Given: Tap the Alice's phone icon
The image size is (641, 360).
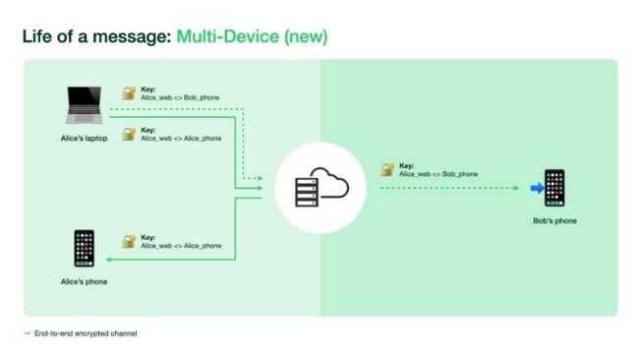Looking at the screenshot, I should [84, 249].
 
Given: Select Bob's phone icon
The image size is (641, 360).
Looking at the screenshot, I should [554, 188].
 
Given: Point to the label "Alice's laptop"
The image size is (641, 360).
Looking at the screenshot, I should [84, 139].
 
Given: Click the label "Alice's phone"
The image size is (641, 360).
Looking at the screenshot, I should [84, 282].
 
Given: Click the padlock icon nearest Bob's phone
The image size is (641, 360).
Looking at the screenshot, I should [387, 169].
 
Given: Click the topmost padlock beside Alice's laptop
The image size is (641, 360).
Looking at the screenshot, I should [128, 93].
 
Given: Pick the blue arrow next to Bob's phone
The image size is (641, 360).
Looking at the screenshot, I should [536, 187].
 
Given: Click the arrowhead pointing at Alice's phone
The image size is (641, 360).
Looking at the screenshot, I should [108, 259].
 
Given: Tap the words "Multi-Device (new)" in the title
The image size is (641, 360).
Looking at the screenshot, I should [252, 36].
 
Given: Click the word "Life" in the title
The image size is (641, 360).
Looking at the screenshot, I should [38, 36].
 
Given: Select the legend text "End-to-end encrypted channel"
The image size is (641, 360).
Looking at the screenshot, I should [86, 333].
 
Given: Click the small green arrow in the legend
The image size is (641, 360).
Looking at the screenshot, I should [27, 333].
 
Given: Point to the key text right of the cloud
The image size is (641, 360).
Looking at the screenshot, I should [437, 170].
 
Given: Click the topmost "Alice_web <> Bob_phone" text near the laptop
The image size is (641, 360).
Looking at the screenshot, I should [181, 98].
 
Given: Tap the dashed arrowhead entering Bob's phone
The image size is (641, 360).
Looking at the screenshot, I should [516, 187].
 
